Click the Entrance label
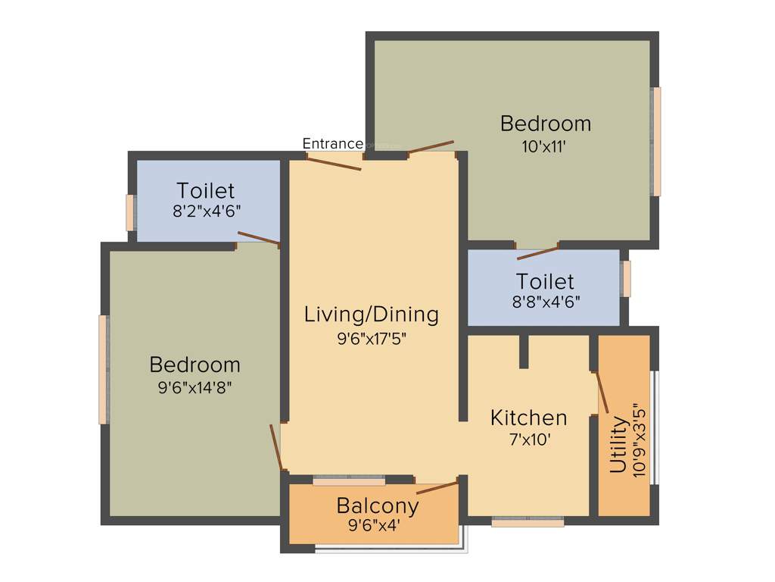(x=332, y=143)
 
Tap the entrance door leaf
(x=334, y=162)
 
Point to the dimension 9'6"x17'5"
(x=372, y=339)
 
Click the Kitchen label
(x=528, y=418)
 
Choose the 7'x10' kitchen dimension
(x=528, y=440)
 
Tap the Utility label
(x=618, y=444)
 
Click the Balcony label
(x=377, y=505)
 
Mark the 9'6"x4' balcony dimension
(x=378, y=524)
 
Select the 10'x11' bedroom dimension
(x=545, y=147)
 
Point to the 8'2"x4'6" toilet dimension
(x=206, y=212)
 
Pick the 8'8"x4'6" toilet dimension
(x=545, y=302)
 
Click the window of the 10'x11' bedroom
(x=656, y=141)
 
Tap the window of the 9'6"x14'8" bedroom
(x=103, y=369)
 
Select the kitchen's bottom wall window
(x=528, y=521)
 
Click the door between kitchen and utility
(x=602, y=392)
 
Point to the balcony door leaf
(x=437, y=487)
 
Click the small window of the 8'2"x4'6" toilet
(x=130, y=212)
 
